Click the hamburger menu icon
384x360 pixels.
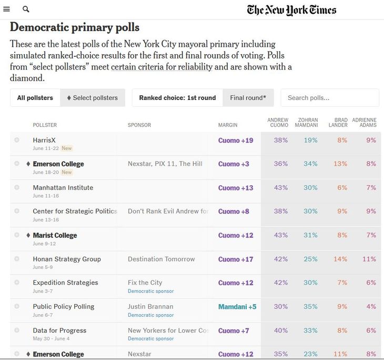(x=6, y=9)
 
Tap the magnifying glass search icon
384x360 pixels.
(x=26, y=9)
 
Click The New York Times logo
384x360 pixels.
(x=291, y=10)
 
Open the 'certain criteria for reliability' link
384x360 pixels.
(x=161, y=67)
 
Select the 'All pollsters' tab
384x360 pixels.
(x=35, y=98)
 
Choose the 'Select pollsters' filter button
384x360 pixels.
(x=92, y=98)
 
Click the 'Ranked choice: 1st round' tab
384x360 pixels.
(x=177, y=98)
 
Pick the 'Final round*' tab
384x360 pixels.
(x=248, y=98)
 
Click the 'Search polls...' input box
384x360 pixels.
(x=329, y=98)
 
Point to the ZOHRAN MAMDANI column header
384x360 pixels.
(x=307, y=123)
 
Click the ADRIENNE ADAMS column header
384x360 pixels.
(x=364, y=123)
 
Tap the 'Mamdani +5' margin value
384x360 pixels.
(x=237, y=307)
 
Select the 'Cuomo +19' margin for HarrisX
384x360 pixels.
(x=236, y=141)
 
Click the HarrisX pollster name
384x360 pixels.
(x=44, y=140)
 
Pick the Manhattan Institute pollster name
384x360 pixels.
(x=63, y=187)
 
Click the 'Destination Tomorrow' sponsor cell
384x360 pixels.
(x=161, y=259)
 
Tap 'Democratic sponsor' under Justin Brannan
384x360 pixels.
(x=150, y=315)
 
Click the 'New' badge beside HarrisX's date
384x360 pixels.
(x=67, y=148)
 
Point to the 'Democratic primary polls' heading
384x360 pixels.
(x=75, y=27)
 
